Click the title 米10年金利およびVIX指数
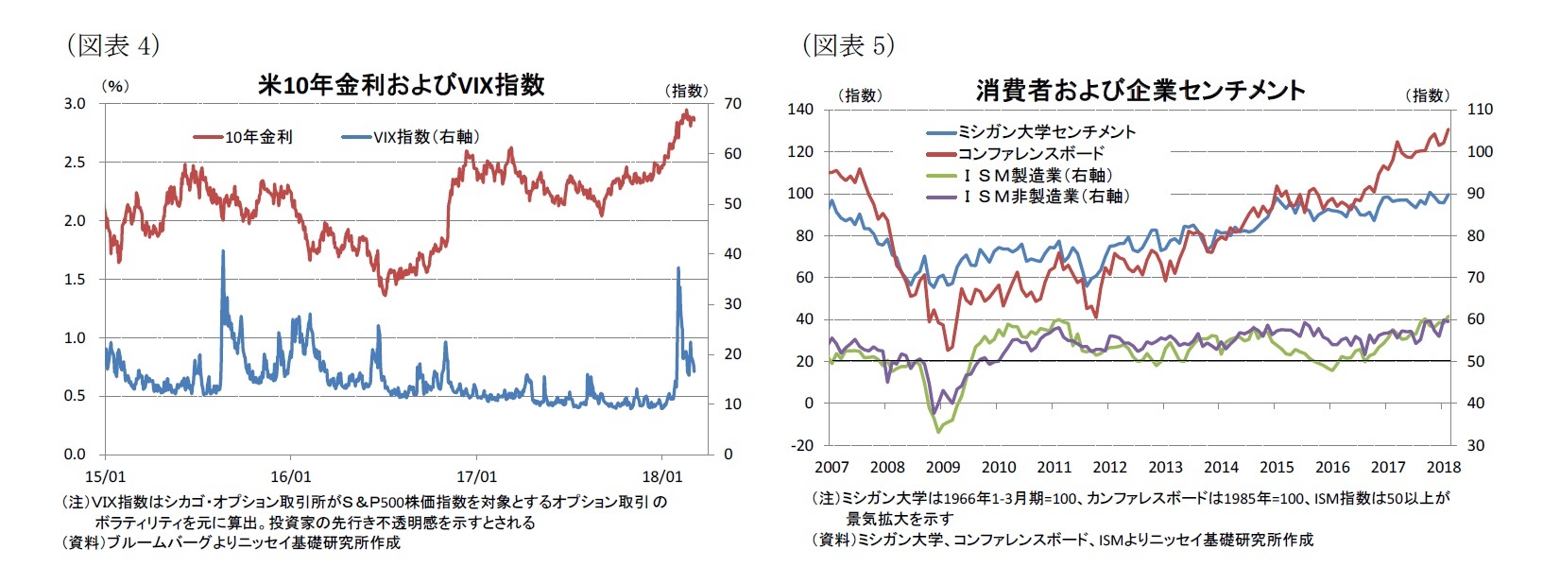(401, 85)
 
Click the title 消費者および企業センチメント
(1140, 91)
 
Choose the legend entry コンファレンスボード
(1031, 153)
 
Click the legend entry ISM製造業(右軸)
(1037, 175)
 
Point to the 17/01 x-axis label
(476, 476)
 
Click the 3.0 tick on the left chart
(75, 103)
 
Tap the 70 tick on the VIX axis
(732, 103)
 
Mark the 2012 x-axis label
(1109, 467)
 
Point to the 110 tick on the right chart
(1479, 110)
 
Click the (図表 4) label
(112, 45)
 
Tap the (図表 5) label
(848, 45)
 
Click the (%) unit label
(114, 86)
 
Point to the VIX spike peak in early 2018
(678, 268)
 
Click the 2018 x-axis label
(1443, 467)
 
